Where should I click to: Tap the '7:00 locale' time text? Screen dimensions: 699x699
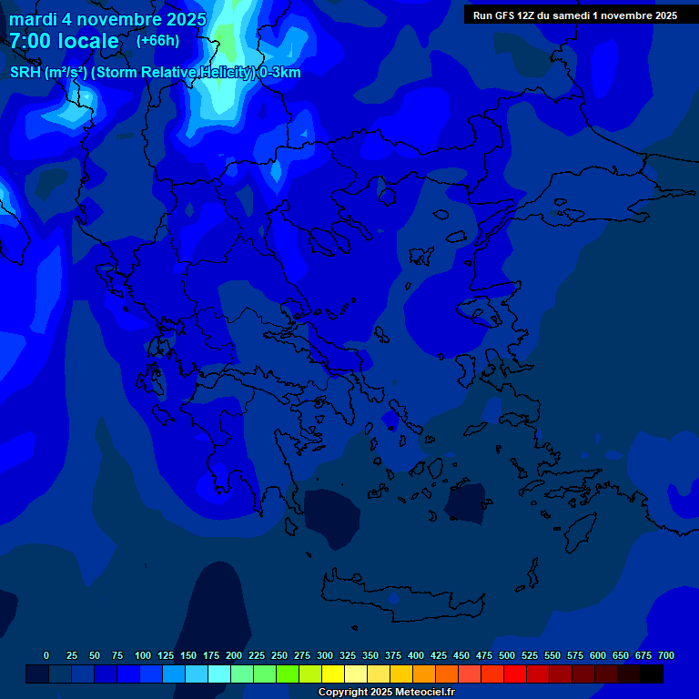tap(64, 41)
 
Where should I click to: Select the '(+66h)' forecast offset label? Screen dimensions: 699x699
tap(157, 41)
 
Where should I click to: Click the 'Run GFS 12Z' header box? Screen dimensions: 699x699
tap(574, 15)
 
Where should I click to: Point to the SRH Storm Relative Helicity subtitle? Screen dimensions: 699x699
tap(155, 73)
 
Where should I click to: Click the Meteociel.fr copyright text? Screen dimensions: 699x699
tap(386, 693)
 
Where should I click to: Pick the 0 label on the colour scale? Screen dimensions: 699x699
tap(46, 655)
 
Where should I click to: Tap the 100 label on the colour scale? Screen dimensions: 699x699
tap(142, 655)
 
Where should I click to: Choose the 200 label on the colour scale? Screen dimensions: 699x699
tap(233, 655)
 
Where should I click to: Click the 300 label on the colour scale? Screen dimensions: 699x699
tap(325, 655)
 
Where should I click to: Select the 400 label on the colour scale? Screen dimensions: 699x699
tap(416, 655)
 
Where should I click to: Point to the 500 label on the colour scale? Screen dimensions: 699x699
tap(507, 655)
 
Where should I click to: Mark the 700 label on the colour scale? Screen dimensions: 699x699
tap(666, 655)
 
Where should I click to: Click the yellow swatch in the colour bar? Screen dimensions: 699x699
tap(333, 674)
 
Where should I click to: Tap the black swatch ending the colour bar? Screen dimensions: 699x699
tap(652, 674)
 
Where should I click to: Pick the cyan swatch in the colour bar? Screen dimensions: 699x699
tap(219, 674)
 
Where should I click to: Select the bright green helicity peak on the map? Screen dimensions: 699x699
tap(227, 36)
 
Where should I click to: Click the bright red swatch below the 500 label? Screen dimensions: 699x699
tap(515, 674)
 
